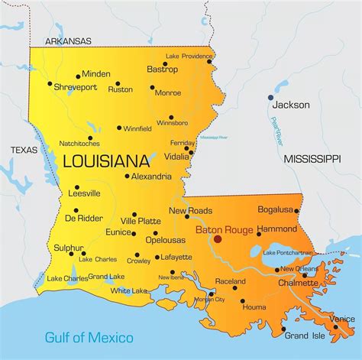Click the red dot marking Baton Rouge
tap(218, 238)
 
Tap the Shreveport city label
tap(75, 88)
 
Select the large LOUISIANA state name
tap(106, 161)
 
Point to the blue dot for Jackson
tap(270, 98)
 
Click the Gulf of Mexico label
tap(89, 337)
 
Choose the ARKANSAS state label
tap(68, 41)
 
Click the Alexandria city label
tap(151, 176)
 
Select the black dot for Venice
tap(335, 326)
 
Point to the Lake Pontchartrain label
tap(288, 252)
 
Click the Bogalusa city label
tap(276, 209)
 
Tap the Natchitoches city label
tap(79, 143)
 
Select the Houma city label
tap(254, 306)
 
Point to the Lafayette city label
tap(176, 258)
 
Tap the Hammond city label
tap(276, 229)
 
